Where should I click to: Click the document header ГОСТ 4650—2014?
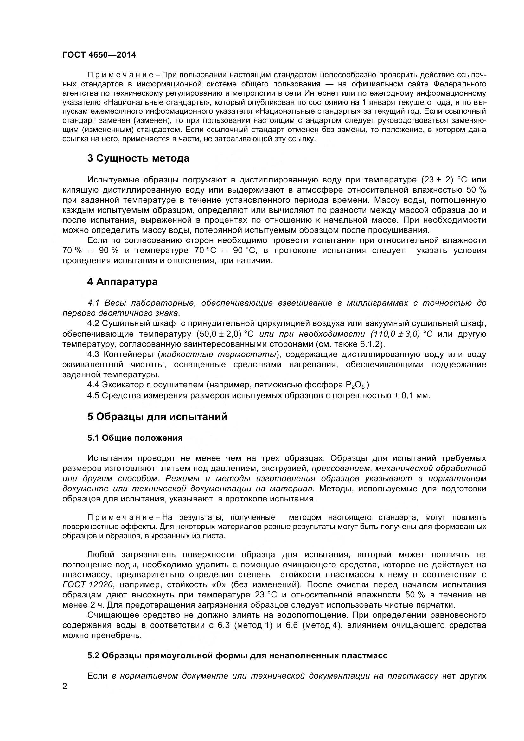[x=99, y=55]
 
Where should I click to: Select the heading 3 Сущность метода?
[x=138, y=158]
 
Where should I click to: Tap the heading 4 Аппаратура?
[x=122, y=282]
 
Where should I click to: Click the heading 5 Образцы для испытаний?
[x=157, y=417]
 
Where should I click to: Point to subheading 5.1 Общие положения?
[x=135, y=438]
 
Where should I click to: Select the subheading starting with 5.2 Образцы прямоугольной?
[x=237, y=656]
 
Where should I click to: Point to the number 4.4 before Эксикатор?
[x=93, y=385]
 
